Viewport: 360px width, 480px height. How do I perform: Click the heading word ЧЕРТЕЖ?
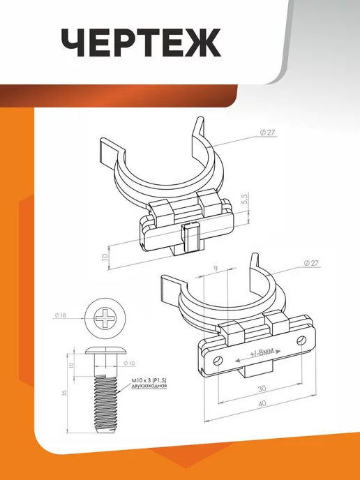[x=141, y=43]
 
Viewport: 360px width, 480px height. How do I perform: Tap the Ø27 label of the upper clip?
[x=267, y=133]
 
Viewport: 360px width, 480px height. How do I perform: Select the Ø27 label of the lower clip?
[x=311, y=263]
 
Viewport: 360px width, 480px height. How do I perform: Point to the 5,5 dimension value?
[x=246, y=200]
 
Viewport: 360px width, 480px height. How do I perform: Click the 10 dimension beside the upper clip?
[x=105, y=257]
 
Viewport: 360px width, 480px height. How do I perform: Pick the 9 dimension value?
[x=216, y=269]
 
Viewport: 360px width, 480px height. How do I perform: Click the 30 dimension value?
[x=262, y=389]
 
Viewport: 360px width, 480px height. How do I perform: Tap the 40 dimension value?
[x=262, y=403]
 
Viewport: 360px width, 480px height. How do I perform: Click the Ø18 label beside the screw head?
[x=60, y=315]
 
